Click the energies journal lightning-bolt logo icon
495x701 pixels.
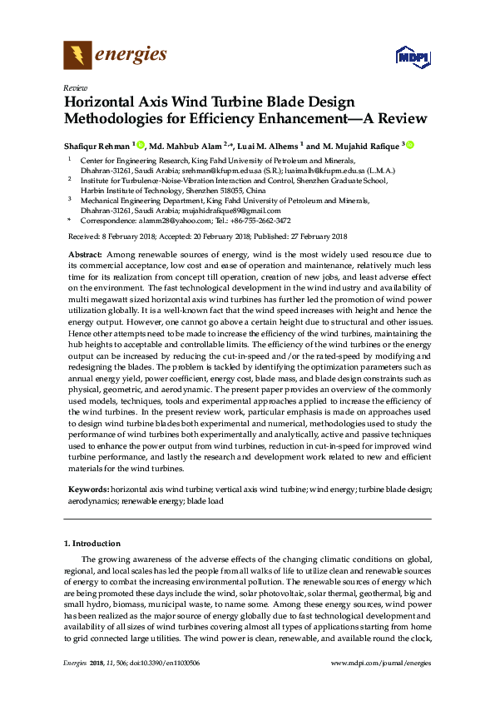click(77, 56)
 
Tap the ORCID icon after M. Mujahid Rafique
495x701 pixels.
click(410, 145)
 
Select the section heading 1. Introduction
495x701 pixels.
click(93, 544)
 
